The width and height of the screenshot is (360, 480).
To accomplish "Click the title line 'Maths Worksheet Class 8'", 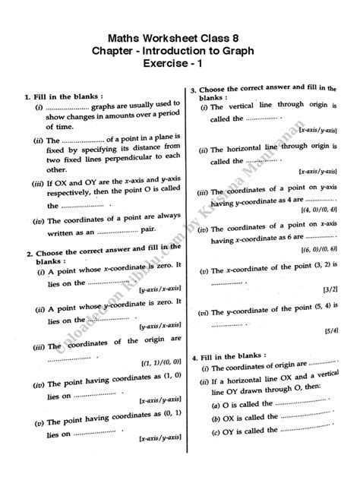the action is point(180,37).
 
